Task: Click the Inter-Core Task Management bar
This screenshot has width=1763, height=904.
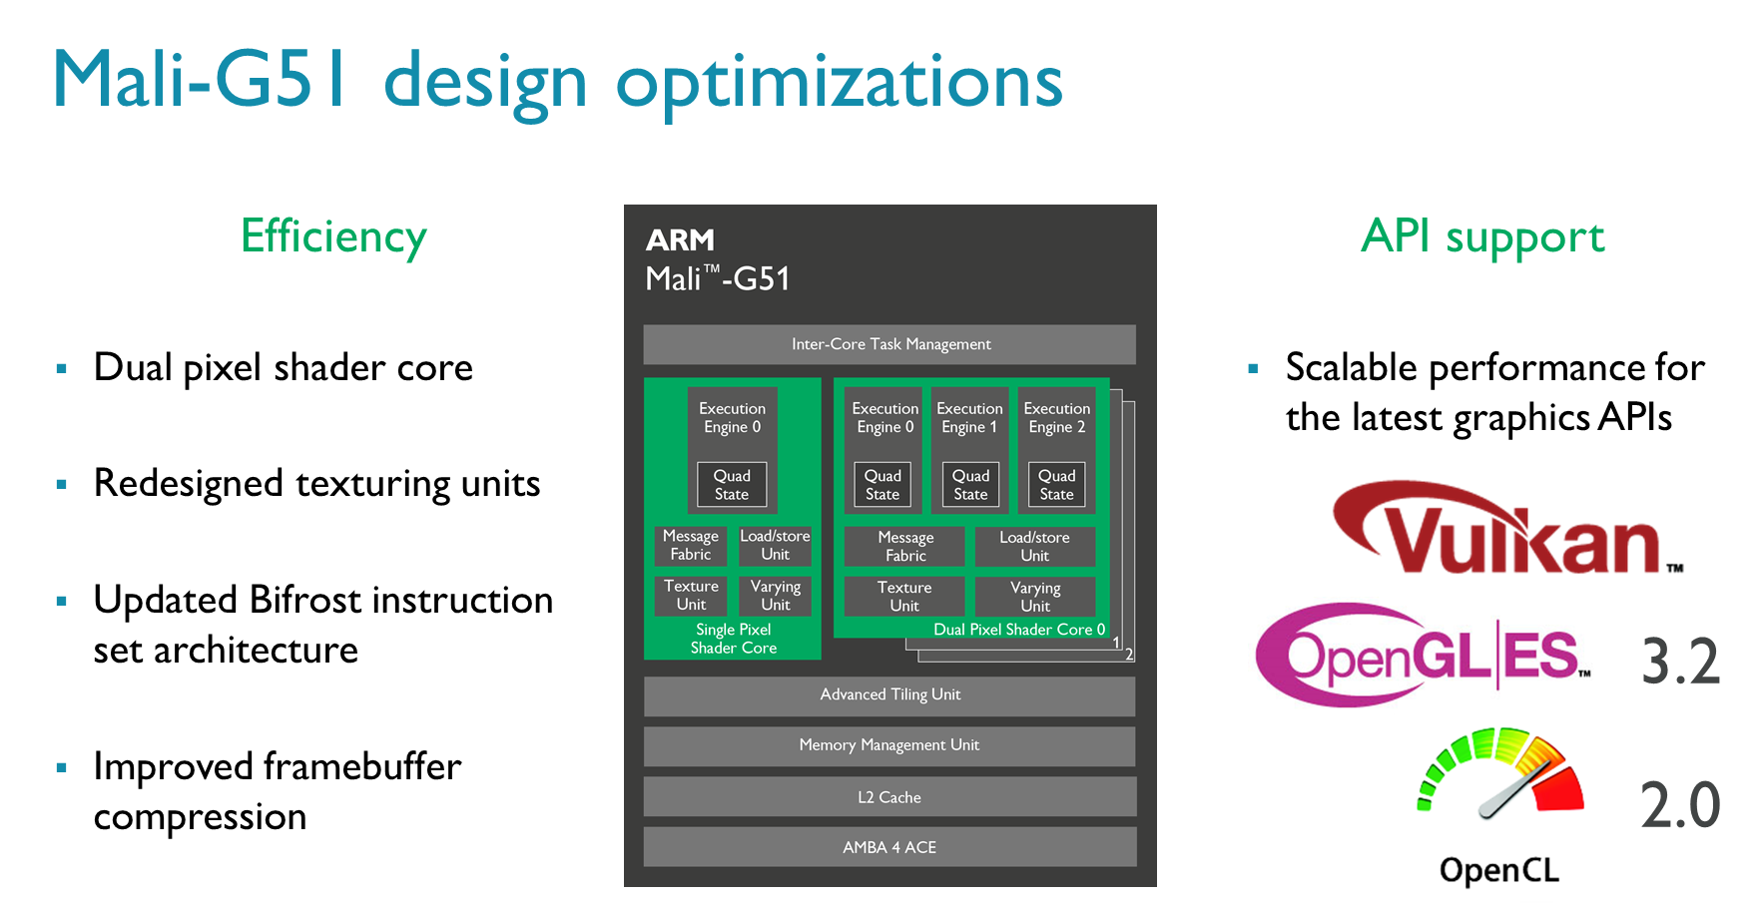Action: coord(889,344)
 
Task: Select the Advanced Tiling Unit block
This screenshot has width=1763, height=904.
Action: coord(889,695)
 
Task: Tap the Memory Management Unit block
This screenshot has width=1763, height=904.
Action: coord(889,745)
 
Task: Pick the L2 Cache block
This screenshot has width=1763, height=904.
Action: coord(889,797)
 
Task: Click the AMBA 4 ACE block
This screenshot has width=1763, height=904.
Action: coord(889,847)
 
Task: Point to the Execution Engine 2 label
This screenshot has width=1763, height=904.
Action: coord(1057,418)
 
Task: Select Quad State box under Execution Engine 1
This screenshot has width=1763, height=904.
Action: coord(970,485)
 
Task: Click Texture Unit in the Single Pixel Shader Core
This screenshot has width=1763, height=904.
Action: coord(691,596)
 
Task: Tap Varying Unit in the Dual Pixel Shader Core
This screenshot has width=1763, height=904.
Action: coord(1035,597)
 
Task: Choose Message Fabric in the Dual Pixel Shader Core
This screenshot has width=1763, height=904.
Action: coord(905,547)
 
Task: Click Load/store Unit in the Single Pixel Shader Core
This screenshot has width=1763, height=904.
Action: coord(775,546)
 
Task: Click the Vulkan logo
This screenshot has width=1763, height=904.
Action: coord(1505,529)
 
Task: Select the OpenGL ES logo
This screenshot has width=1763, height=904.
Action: coord(1423,655)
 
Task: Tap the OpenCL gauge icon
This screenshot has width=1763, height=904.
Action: coord(1499,773)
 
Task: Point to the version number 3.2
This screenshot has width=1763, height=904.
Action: coord(1681,662)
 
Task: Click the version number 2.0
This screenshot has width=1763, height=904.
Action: coord(1681,805)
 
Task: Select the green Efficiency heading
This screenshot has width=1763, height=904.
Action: coord(333,237)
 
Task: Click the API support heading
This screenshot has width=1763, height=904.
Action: coord(1483,237)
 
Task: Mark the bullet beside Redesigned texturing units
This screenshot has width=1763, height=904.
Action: coord(62,484)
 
